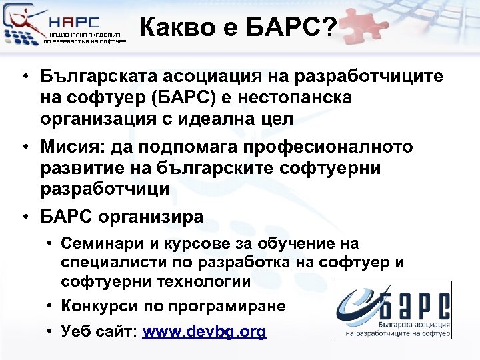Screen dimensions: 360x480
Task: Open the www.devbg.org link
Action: coord(205,331)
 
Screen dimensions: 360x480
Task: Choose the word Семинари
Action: coord(100,244)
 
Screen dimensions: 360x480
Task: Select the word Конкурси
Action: coord(99,306)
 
